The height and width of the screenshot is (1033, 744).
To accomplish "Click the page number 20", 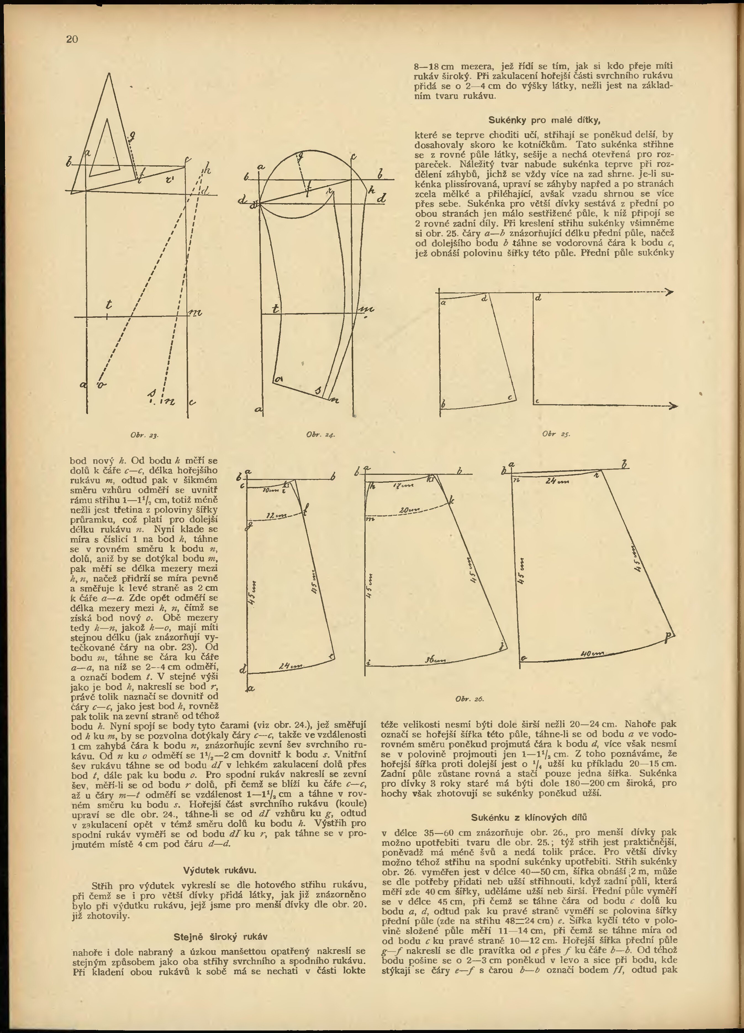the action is [x=72, y=39].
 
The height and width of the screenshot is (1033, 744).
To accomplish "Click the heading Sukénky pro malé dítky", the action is [x=544, y=120].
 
